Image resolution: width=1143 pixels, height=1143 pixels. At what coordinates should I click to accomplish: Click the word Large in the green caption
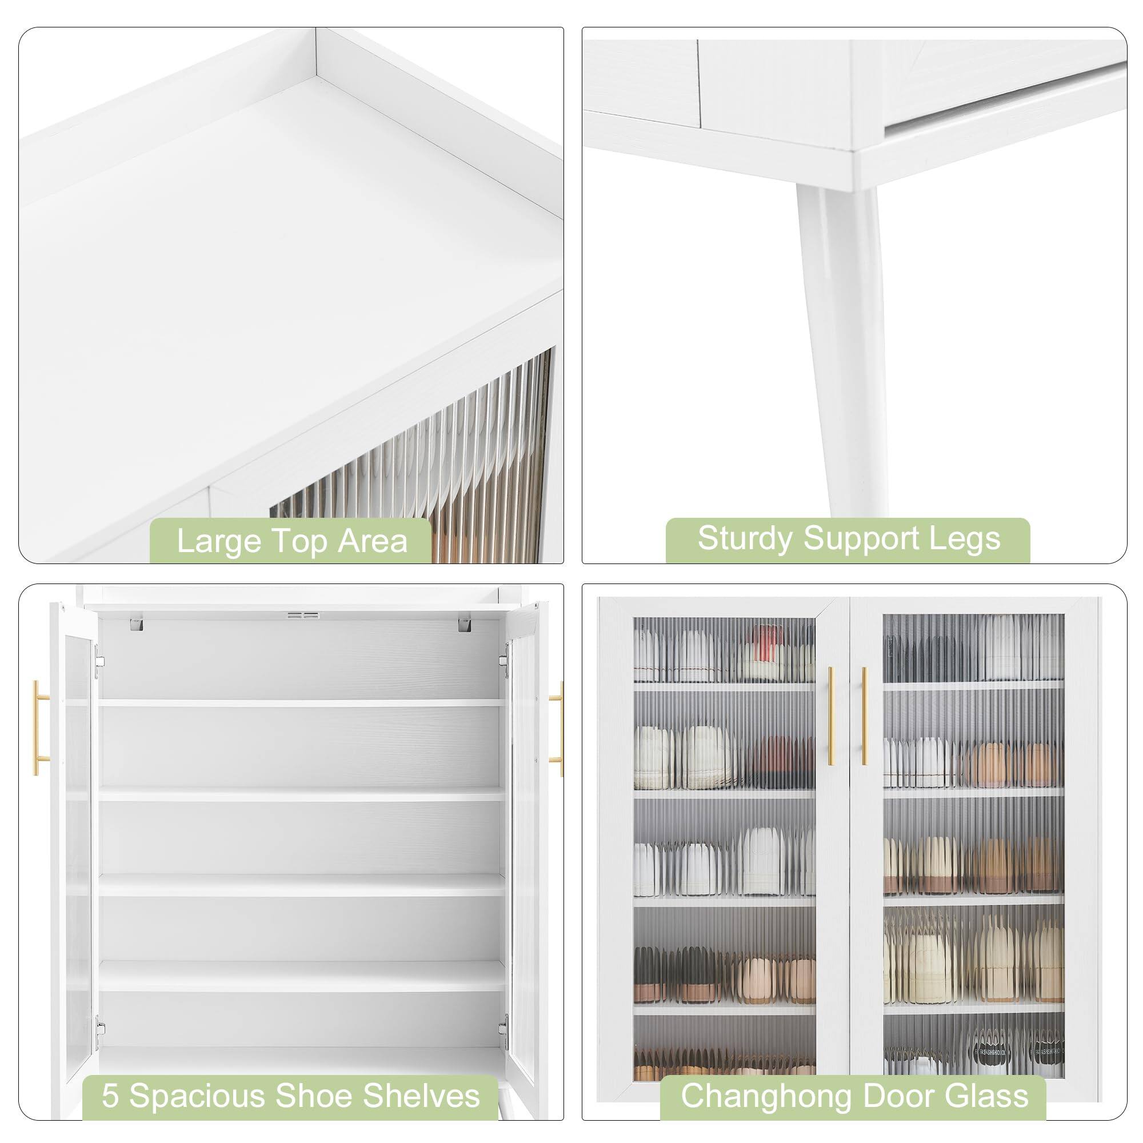[218, 541]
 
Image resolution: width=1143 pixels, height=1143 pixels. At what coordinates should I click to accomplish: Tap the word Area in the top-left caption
[373, 541]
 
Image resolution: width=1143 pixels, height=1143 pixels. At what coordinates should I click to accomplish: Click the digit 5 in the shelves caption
[110, 1095]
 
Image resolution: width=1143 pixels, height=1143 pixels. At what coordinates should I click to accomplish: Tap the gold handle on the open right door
[558, 728]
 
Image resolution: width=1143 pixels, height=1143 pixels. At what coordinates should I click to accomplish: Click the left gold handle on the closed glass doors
[830, 717]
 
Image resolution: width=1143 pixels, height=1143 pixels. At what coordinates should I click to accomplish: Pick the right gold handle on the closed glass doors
[864, 717]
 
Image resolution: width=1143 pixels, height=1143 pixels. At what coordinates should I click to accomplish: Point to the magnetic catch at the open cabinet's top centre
[303, 616]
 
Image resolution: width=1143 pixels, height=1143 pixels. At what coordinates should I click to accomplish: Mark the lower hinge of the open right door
[503, 1027]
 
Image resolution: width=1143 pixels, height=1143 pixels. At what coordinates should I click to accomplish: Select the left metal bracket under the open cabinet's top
[136, 623]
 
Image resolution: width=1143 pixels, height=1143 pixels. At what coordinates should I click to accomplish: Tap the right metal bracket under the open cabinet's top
[466, 623]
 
